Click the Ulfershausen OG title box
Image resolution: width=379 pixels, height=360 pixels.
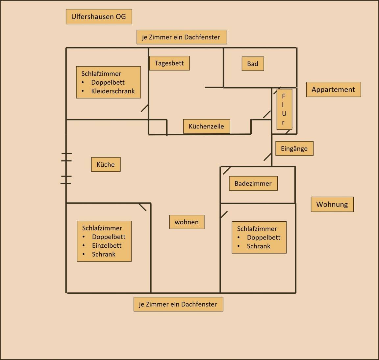[x=99, y=16]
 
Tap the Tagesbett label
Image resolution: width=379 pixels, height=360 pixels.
[x=169, y=63]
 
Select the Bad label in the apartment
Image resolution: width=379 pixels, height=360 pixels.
[x=253, y=64]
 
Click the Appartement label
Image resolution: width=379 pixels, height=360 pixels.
[x=333, y=90]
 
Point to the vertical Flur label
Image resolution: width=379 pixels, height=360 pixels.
[x=284, y=109]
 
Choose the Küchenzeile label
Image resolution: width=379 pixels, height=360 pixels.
[x=206, y=126]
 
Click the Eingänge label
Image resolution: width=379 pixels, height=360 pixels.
[x=294, y=149]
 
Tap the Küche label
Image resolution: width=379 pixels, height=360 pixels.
[x=106, y=164]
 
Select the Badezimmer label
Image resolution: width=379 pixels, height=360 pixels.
[x=253, y=183]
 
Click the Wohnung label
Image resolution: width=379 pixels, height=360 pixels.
[x=332, y=204]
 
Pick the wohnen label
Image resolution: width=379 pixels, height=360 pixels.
[x=187, y=222]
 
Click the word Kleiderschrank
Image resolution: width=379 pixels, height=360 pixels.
[x=113, y=91]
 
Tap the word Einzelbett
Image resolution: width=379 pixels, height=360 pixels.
[x=107, y=245]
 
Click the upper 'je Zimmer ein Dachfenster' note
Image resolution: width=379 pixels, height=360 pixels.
[x=181, y=37]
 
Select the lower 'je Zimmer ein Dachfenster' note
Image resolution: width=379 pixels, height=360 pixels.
[x=178, y=304]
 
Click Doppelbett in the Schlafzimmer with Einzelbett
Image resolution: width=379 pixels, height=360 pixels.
[x=109, y=237]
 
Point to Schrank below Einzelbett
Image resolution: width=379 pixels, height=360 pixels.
[x=104, y=254]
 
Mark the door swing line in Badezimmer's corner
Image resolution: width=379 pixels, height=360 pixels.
[x=226, y=171]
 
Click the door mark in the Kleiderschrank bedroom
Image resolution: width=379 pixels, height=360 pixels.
[x=144, y=108]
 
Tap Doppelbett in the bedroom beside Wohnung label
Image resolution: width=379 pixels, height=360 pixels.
[x=264, y=237]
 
